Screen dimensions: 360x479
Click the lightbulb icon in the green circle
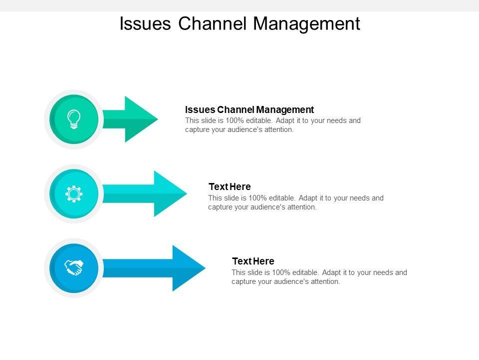[x=74, y=119]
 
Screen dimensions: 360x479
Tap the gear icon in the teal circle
[x=74, y=193]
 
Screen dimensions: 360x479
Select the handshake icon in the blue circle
[x=74, y=268]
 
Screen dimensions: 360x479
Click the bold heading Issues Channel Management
[x=249, y=109]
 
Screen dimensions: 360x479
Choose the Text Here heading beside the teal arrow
[x=230, y=186]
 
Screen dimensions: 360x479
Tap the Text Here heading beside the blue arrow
[x=253, y=261]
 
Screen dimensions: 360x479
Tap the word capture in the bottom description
[x=243, y=281]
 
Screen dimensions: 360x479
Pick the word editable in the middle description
[x=284, y=198]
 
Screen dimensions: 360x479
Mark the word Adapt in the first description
[x=285, y=120]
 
